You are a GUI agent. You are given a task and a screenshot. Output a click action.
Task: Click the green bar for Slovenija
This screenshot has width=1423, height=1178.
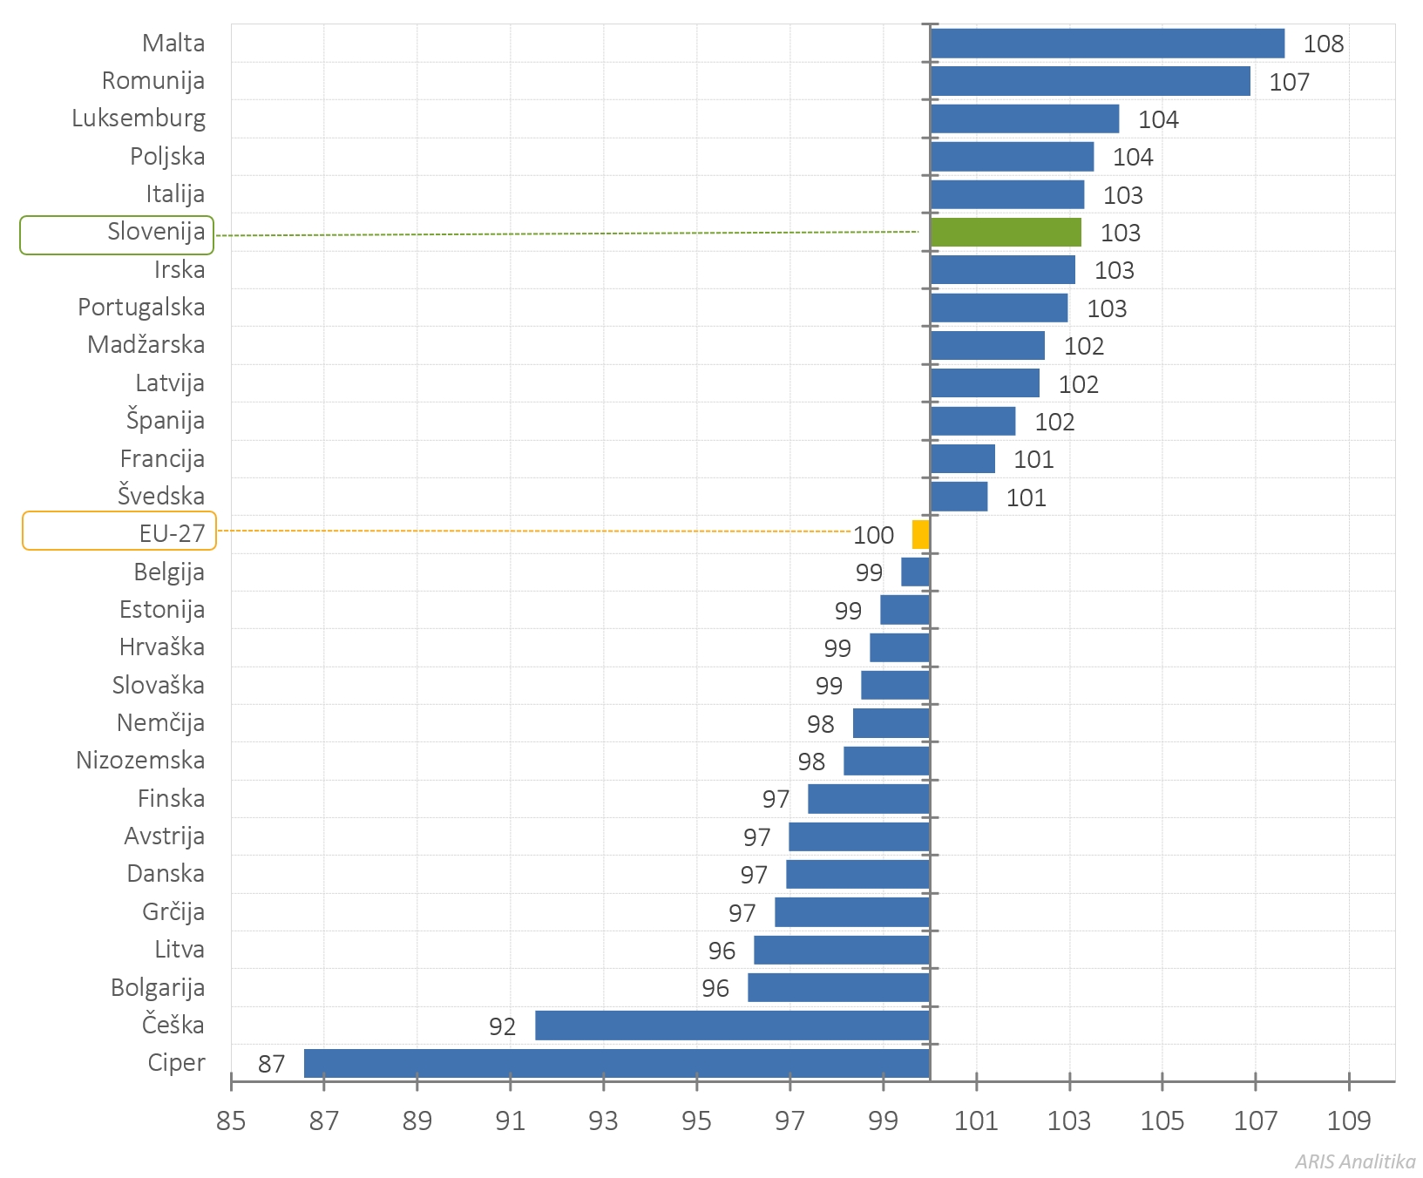(x=1006, y=233)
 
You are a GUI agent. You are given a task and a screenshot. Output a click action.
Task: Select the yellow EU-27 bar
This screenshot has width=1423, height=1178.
(x=921, y=534)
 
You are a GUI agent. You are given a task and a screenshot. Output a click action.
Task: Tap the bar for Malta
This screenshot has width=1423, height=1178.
(x=1107, y=44)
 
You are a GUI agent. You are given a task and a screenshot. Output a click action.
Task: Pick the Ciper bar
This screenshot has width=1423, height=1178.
(x=617, y=1063)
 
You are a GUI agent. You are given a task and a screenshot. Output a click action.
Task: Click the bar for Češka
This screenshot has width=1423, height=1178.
(x=732, y=1026)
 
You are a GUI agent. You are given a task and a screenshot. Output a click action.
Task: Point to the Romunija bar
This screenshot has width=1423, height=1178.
(x=1090, y=81)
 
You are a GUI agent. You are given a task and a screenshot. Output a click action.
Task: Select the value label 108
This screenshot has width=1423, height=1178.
(x=1323, y=44)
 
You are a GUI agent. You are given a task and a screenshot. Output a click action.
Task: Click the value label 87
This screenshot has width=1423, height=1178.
(x=271, y=1064)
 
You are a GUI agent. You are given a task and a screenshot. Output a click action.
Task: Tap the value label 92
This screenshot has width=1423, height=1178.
(x=502, y=1026)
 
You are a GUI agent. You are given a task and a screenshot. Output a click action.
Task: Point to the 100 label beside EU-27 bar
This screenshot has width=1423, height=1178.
(x=873, y=535)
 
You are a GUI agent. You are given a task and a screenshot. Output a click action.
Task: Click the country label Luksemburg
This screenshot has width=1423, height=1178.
(x=139, y=118)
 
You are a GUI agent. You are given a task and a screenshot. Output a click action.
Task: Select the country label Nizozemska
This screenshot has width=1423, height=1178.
(x=140, y=761)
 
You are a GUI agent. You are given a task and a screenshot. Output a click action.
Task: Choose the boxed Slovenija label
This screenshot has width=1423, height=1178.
(x=118, y=234)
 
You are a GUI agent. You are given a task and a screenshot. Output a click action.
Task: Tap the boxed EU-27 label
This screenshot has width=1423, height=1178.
(x=119, y=531)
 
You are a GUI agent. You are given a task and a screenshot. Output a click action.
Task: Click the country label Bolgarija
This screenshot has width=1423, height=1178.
(x=158, y=987)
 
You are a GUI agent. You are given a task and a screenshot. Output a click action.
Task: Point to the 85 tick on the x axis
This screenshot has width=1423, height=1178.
(x=231, y=1120)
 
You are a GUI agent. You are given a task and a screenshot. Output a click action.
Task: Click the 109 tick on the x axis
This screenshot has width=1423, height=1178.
(x=1348, y=1120)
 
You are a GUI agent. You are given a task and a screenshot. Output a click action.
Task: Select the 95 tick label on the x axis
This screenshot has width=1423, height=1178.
(x=696, y=1120)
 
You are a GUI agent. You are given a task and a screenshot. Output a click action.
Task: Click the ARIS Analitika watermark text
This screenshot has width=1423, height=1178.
(x=1354, y=1161)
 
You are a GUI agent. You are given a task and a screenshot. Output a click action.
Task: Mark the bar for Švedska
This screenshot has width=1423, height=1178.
(x=959, y=497)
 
